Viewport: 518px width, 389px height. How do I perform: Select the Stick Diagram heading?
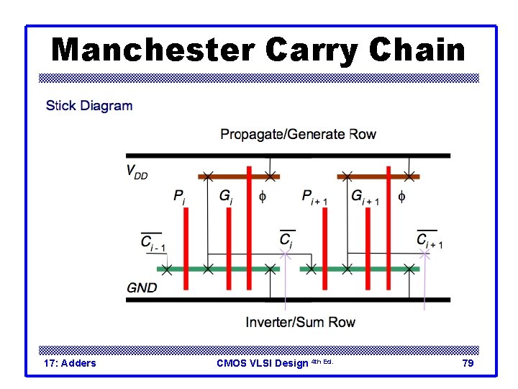pyautogui.click(x=89, y=106)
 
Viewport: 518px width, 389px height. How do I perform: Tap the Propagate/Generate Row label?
pyautogui.click(x=298, y=134)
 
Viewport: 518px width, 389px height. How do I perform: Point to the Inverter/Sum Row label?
pyautogui.click(x=300, y=322)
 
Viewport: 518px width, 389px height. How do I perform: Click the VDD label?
pyautogui.click(x=137, y=172)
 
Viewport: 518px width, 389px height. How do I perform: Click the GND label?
pyautogui.click(x=142, y=287)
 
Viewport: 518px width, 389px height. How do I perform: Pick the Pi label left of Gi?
pyautogui.click(x=179, y=196)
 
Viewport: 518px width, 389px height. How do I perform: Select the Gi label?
pyautogui.click(x=225, y=196)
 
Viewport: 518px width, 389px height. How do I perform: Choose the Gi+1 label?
pyautogui.click(x=365, y=197)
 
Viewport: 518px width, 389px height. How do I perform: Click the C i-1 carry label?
pyautogui.click(x=153, y=242)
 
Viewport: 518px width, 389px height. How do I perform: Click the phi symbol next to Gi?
pyautogui.click(x=262, y=195)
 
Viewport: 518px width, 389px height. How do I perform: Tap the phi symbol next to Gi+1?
pyautogui.click(x=401, y=195)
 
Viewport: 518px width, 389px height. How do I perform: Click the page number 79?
pyautogui.click(x=468, y=363)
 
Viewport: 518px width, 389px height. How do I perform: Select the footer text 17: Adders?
pyautogui.click(x=70, y=363)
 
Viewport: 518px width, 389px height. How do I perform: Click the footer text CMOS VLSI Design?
pyautogui.click(x=263, y=363)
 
